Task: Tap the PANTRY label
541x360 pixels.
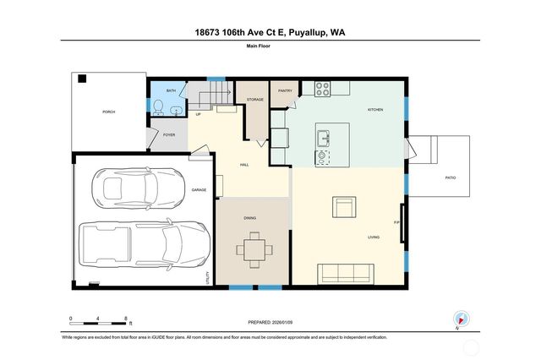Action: point(284,90)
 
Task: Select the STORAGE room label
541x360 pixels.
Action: point(255,100)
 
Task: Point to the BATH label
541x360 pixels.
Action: point(171,90)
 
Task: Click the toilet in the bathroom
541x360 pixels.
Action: point(158,106)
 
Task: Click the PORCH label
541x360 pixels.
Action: point(108,112)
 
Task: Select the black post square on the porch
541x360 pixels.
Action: point(82,79)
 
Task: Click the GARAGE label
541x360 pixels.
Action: point(199,190)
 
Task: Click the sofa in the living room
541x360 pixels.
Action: point(345,273)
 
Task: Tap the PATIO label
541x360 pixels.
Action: point(451,178)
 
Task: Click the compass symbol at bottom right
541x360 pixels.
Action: point(462,319)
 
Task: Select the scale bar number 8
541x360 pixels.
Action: point(126,319)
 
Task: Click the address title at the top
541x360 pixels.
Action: point(270,32)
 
